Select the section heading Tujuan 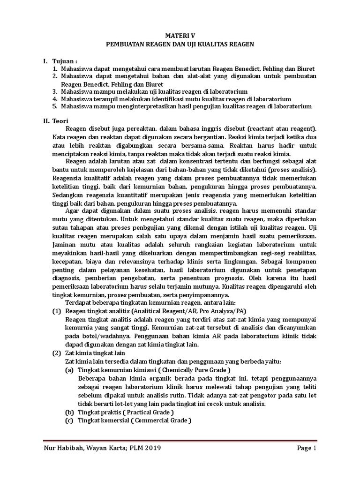[64, 61]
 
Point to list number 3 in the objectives [54, 91]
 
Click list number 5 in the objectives [54, 106]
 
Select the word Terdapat [79, 302]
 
